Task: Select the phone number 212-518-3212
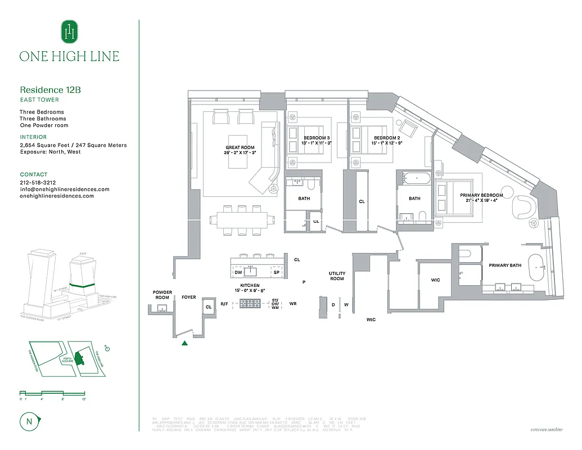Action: pos(38,183)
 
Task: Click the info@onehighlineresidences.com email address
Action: pos(64,190)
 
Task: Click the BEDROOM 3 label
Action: pos(317,138)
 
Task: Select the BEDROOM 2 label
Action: pos(387,138)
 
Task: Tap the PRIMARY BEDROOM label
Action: pos(481,195)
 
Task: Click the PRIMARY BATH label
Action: pos(505,265)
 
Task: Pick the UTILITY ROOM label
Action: pos(337,276)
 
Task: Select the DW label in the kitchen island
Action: pos(238,272)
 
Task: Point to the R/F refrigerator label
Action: pos(224,304)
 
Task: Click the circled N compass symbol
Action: pos(28,420)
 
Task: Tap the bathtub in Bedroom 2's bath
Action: pos(417,178)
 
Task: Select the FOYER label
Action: pos(189,297)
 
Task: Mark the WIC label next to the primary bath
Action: pos(435,280)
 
